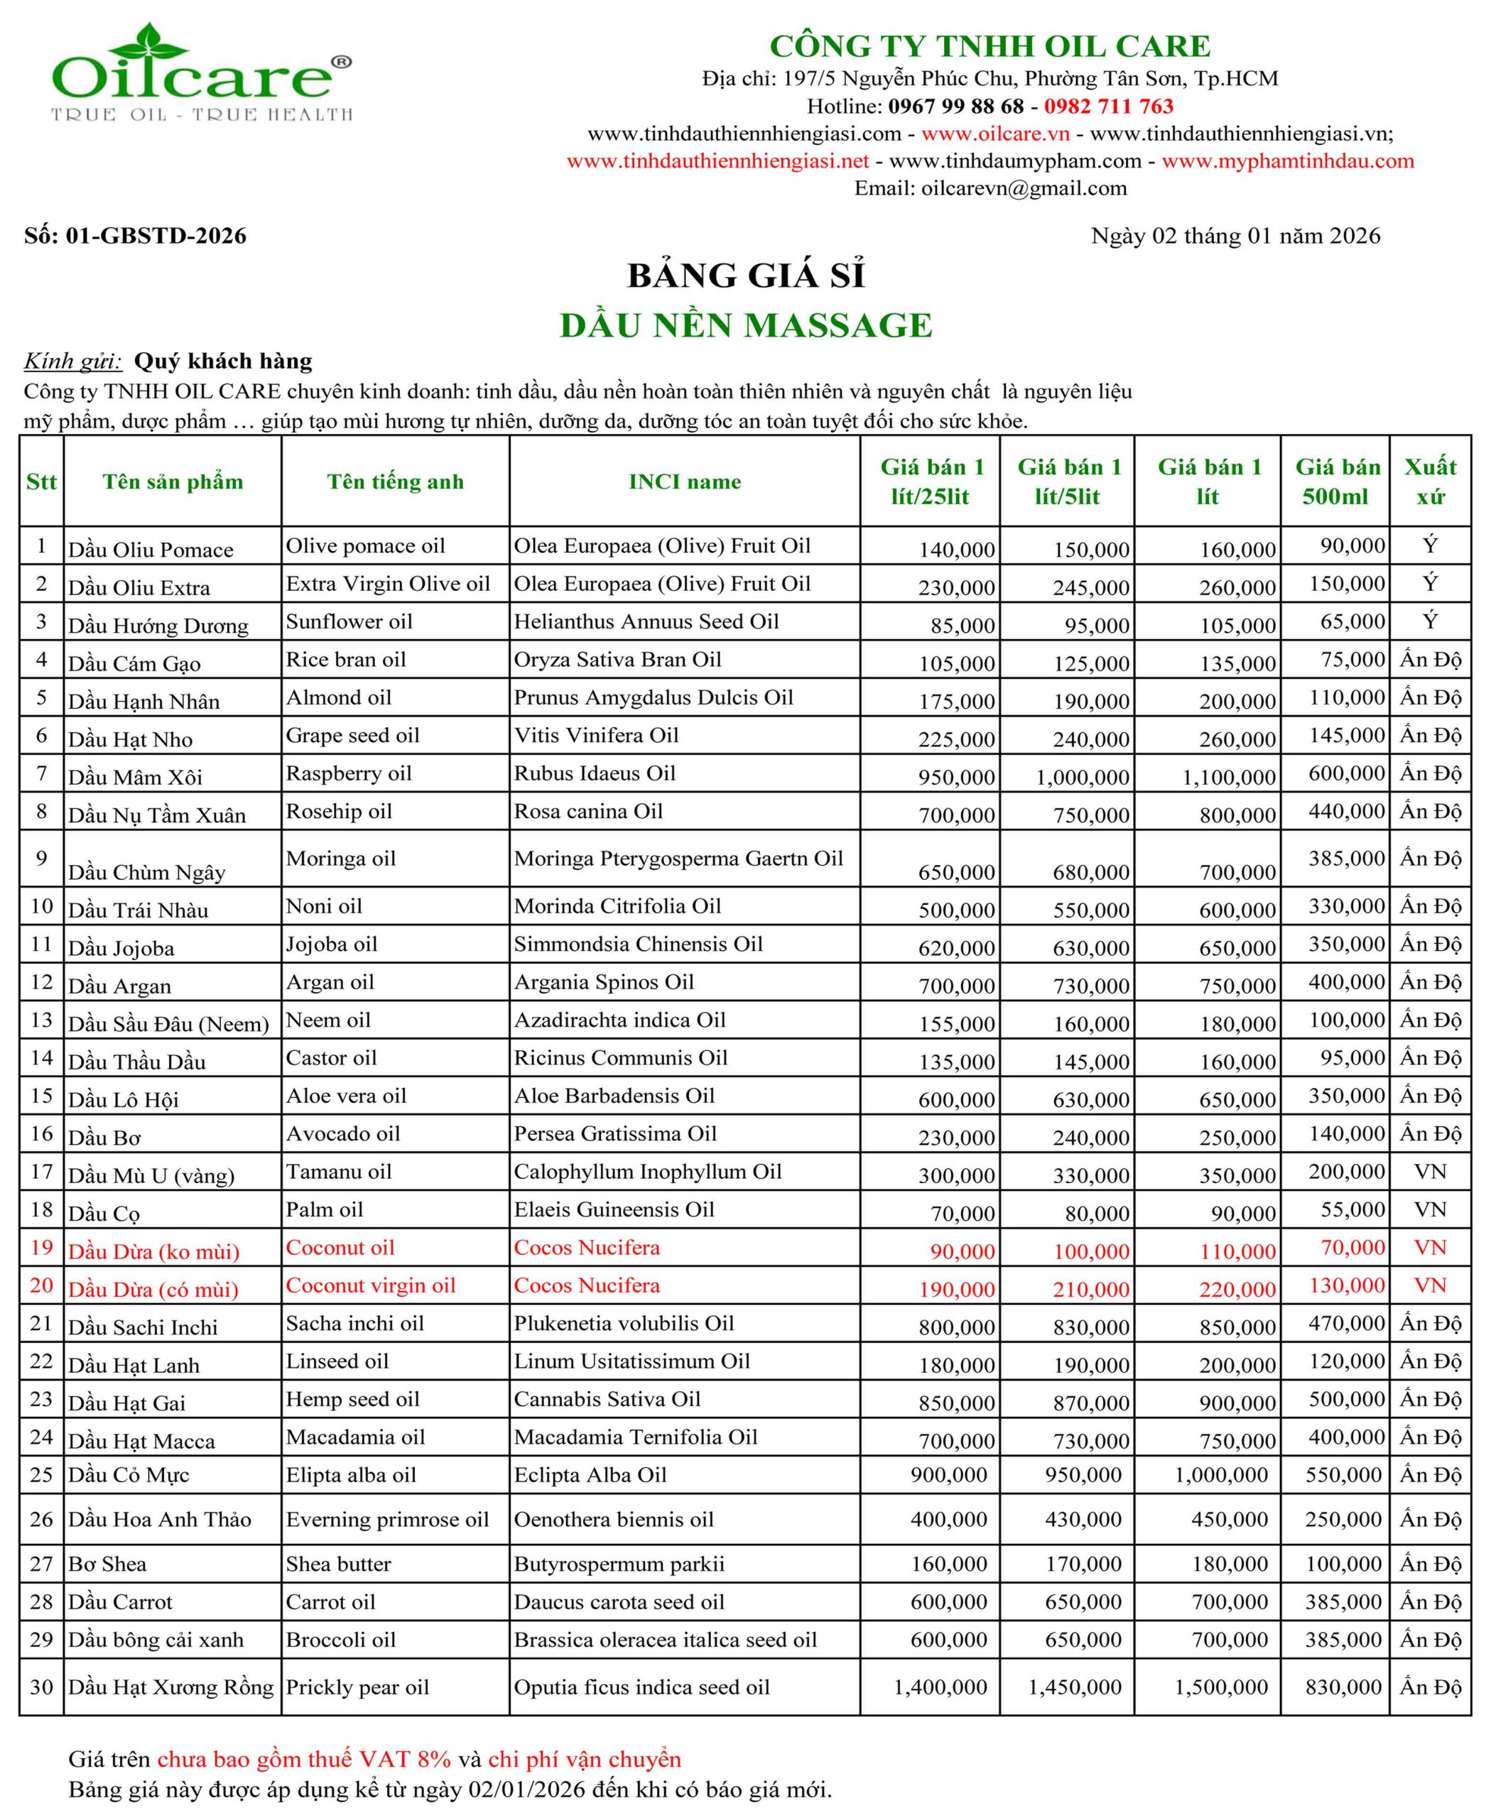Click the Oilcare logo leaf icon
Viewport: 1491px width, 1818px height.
tap(152, 41)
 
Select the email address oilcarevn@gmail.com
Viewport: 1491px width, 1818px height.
tap(1024, 188)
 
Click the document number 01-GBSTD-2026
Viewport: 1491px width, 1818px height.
tap(156, 236)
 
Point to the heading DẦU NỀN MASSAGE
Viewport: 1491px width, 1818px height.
tap(746, 325)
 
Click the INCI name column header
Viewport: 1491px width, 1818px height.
tap(685, 481)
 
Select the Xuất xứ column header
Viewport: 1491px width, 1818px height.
tap(1430, 481)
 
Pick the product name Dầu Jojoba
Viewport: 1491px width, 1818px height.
tap(121, 948)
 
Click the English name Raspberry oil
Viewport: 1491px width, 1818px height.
tap(349, 773)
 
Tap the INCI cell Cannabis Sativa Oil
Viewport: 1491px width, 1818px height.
tap(607, 1399)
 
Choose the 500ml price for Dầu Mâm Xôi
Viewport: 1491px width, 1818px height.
tap(1347, 773)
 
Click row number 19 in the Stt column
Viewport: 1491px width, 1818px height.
tap(41, 1247)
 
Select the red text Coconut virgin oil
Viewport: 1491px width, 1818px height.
tap(370, 1285)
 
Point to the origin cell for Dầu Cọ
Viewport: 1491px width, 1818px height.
tap(1430, 1209)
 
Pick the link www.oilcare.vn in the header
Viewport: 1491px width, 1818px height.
tap(994, 134)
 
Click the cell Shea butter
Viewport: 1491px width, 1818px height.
tap(338, 1564)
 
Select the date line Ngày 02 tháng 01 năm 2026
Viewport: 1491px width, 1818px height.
tap(1235, 236)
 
